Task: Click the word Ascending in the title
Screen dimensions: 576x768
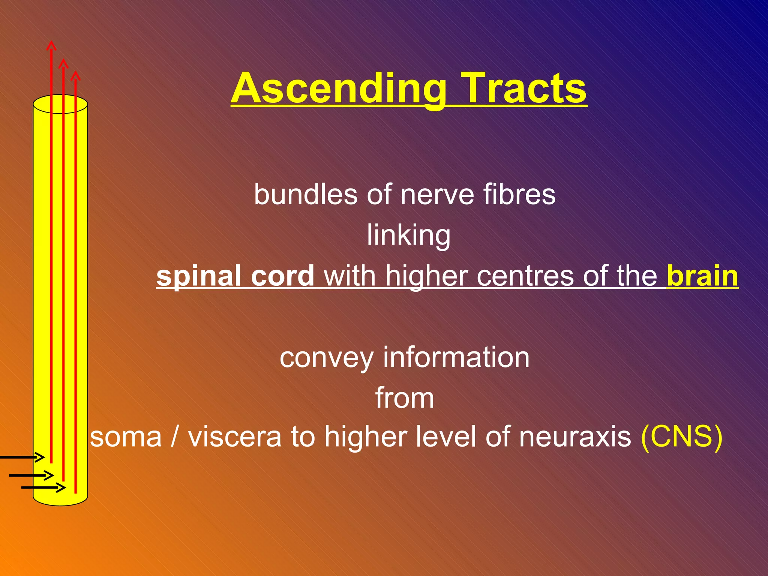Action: (x=338, y=89)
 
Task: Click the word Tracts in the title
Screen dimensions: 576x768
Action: (x=523, y=88)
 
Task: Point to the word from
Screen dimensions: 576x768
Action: (x=405, y=398)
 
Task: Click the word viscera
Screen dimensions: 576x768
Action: (x=234, y=437)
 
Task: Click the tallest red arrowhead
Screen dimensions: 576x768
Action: (x=51, y=45)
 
